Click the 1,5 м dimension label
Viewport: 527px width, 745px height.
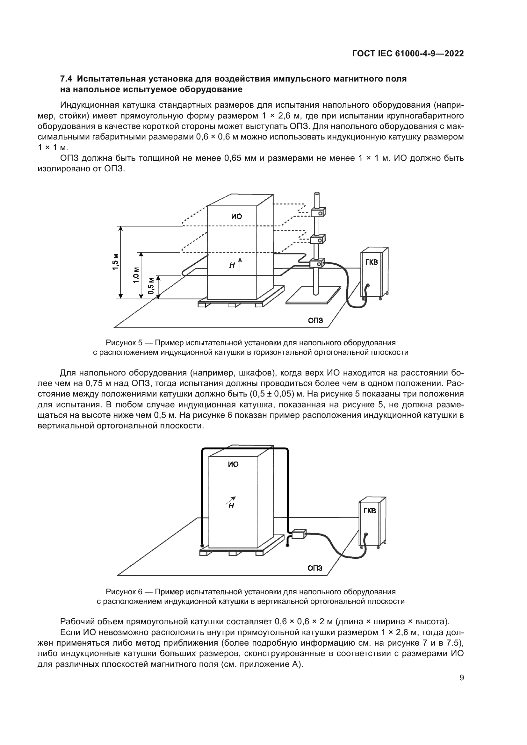(x=115, y=261)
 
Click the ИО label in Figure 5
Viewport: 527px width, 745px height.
(x=236, y=216)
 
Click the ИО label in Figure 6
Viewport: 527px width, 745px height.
(x=233, y=464)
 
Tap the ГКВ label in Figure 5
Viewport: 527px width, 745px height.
(x=372, y=262)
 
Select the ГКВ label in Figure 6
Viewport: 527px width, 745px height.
(x=370, y=511)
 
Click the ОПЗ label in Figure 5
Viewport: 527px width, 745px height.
(x=315, y=321)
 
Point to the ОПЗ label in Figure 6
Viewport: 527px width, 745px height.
(x=315, y=568)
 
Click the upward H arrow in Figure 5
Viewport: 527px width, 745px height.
(x=240, y=264)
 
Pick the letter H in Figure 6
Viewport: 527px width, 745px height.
(x=231, y=506)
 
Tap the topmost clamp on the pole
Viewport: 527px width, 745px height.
(x=318, y=213)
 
